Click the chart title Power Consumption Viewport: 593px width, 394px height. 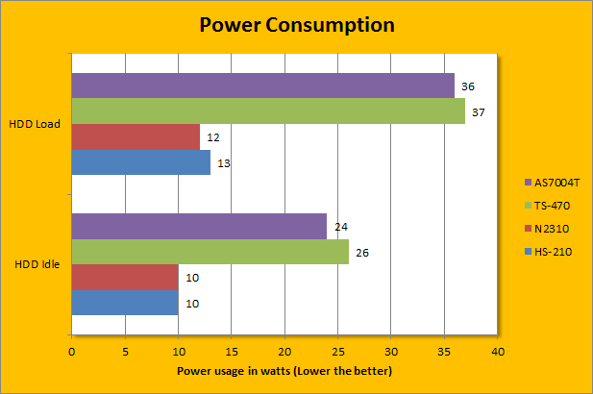[296, 25]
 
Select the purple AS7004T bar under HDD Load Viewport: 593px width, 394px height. [262, 86]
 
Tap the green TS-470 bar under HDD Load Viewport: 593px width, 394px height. [268, 111]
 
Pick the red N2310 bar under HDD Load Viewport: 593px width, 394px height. [136, 137]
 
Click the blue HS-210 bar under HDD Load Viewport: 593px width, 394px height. [140, 163]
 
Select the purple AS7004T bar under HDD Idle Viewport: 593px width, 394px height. [199, 227]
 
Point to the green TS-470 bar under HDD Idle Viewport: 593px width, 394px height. [210, 253]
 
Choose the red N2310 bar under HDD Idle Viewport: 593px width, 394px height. [125, 278]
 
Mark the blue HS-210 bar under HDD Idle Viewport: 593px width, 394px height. [125, 304]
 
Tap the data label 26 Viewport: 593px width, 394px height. [362, 254]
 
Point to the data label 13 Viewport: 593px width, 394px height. [223, 164]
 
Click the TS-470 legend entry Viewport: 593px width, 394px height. [550, 206]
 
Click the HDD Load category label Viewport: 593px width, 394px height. [35, 125]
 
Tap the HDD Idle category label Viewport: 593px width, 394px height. [37, 265]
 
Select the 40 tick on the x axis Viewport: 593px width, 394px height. [497, 352]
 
